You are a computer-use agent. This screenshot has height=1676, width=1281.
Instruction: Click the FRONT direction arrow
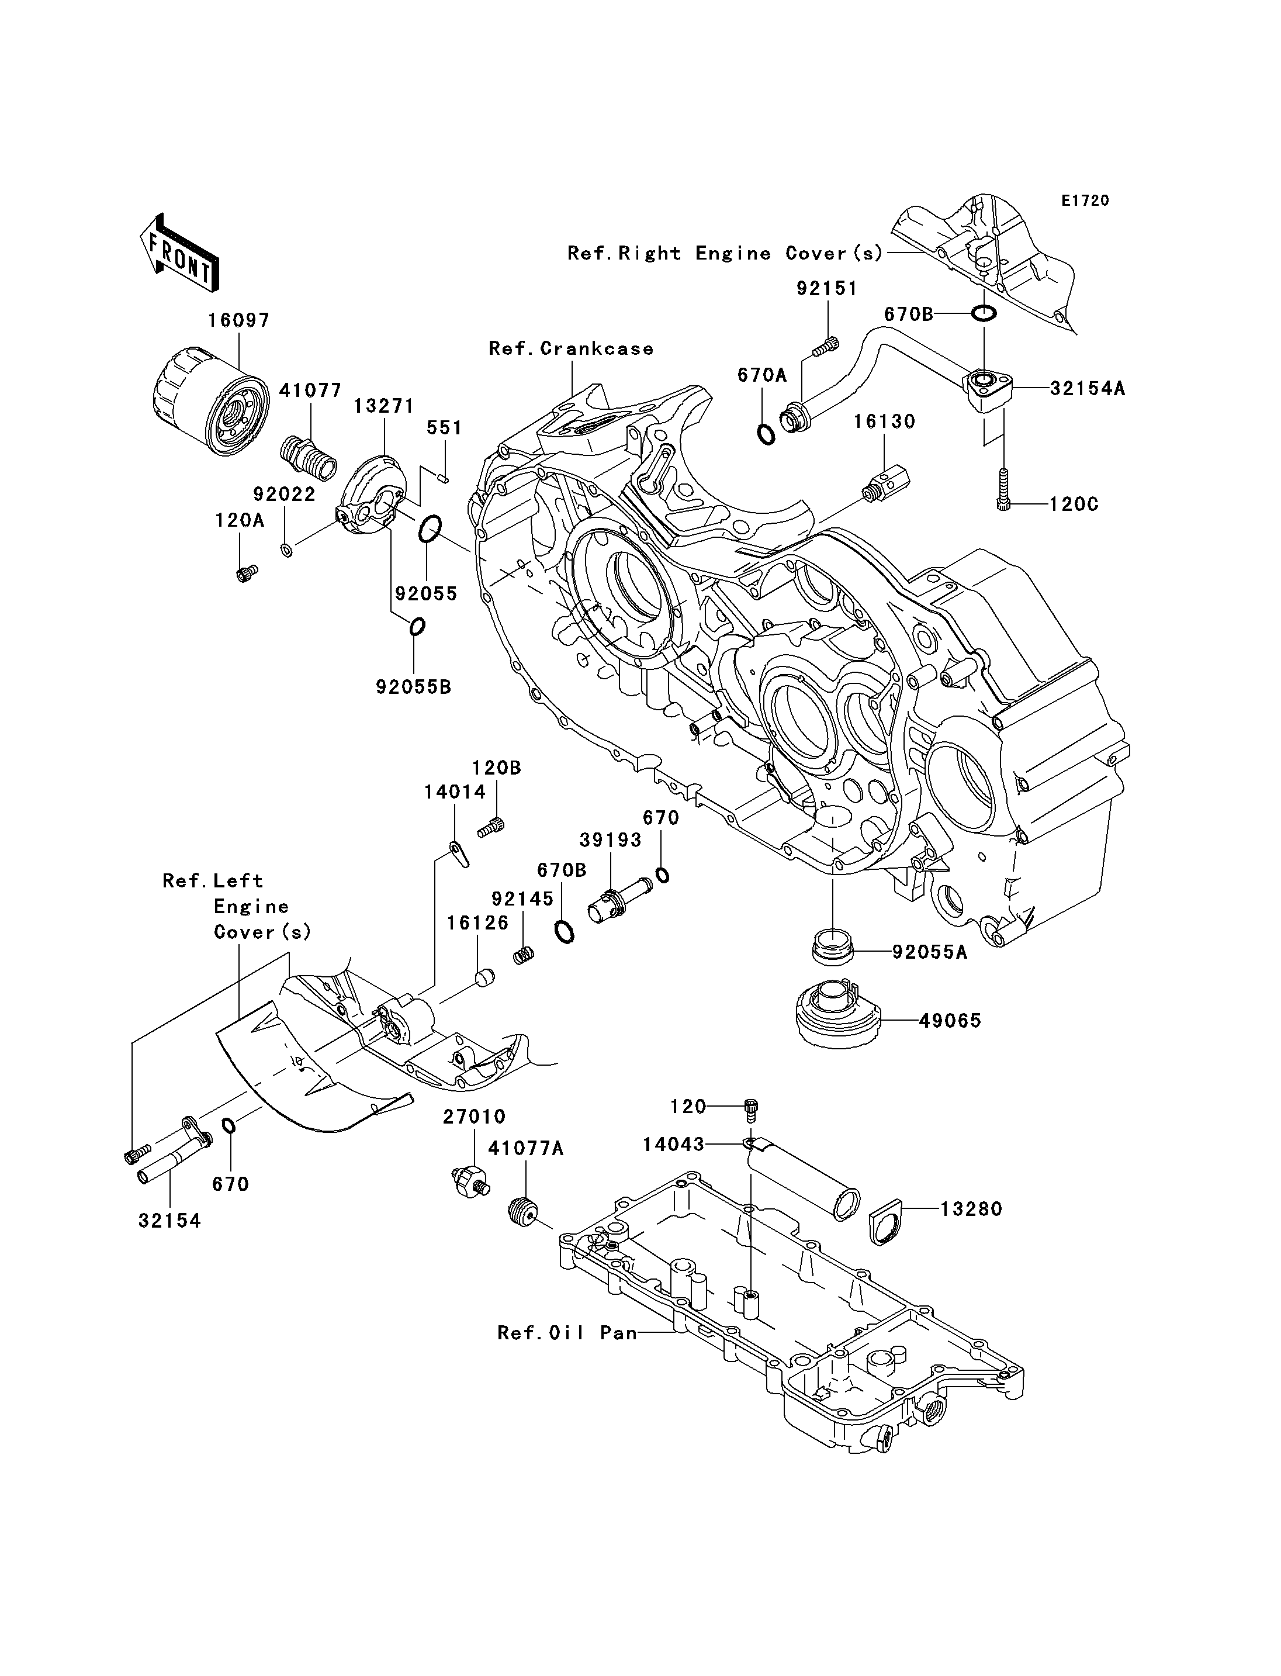(178, 253)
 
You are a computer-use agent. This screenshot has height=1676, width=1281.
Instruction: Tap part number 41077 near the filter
(310, 391)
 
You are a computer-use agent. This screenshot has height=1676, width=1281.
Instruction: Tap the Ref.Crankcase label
(571, 348)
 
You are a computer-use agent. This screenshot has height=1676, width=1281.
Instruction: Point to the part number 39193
(610, 840)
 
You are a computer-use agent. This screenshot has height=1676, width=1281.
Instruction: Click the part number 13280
(971, 1209)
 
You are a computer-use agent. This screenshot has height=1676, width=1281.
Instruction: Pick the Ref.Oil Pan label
(566, 1333)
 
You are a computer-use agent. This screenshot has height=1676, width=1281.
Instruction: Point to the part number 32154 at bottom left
(169, 1221)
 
